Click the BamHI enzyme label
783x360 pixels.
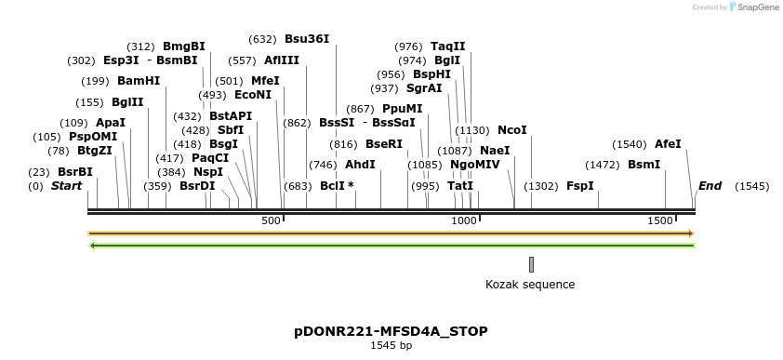click(139, 81)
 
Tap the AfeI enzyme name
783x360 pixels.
click(668, 144)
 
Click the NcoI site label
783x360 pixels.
click(512, 130)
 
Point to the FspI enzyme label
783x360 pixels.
click(580, 186)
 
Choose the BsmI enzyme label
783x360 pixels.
click(644, 165)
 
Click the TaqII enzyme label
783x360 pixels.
click(448, 47)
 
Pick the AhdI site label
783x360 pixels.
click(360, 165)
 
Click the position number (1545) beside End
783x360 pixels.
click(751, 186)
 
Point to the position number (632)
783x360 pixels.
click(262, 39)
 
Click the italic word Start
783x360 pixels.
click(66, 186)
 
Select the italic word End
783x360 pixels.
click(710, 186)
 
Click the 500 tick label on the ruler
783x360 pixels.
click(271, 220)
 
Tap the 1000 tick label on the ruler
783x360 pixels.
click(463, 220)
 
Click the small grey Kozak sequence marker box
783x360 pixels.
click(531, 264)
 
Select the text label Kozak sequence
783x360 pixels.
click(530, 285)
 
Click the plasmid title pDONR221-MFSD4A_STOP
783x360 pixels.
click(391, 331)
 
